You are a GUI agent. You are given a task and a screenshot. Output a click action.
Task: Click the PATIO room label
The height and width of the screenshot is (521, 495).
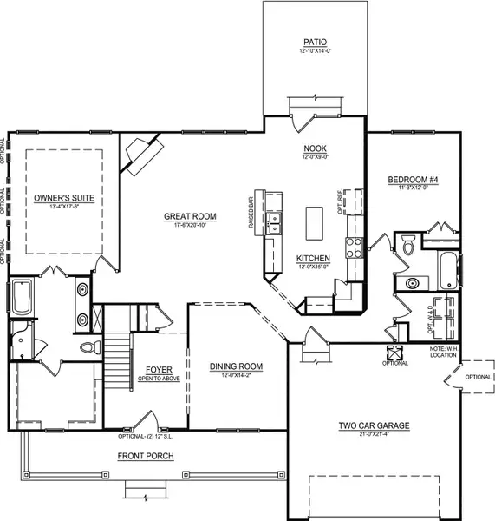click(314, 42)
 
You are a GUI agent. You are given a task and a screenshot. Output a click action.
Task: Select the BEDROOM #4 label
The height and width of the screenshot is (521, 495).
click(413, 180)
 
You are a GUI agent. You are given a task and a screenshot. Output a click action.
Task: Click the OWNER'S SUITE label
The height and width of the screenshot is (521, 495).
click(63, 199)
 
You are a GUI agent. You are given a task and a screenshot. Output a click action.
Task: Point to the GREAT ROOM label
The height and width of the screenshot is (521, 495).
click(190, 216)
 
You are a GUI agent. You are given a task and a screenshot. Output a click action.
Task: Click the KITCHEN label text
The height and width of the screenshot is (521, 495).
click(312, 259)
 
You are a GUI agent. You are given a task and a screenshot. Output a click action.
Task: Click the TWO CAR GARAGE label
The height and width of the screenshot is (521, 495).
click(374, 425)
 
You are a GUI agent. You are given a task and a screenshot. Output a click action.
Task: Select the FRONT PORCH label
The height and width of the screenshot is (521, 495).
click(147, 455)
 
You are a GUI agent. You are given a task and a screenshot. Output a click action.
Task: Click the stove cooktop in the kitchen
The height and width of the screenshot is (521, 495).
click(353, 248)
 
